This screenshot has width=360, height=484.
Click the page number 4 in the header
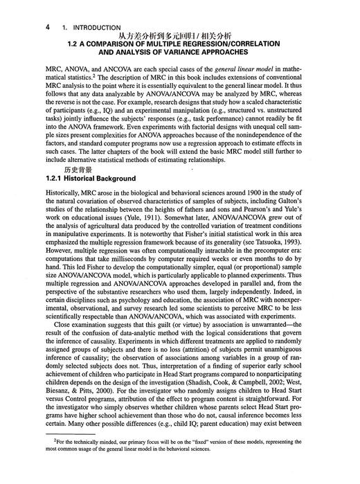click(x=46, y=27)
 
